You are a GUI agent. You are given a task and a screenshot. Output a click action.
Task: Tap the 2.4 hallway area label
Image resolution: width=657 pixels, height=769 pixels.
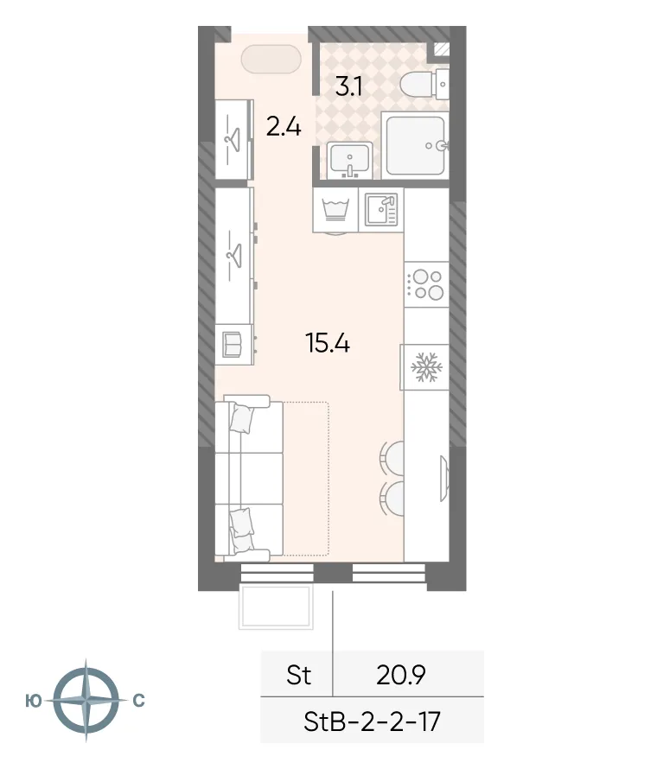click(x=283, y=128)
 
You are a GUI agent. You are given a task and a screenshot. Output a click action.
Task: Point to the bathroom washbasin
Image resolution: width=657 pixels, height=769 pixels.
click(x=349, y=160)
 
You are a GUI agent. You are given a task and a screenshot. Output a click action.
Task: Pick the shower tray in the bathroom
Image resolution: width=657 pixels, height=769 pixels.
click(x=416, y=144)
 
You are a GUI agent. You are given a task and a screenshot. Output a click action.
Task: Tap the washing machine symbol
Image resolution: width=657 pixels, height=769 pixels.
click(x=335, y=211)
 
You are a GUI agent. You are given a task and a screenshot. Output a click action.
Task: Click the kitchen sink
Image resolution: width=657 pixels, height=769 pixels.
click(x=380, y=210)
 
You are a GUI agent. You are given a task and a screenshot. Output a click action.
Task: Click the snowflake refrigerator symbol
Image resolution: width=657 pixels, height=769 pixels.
click(x=425, y=366)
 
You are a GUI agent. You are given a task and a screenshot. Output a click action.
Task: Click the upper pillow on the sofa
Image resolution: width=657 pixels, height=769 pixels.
click(x=241, y=419)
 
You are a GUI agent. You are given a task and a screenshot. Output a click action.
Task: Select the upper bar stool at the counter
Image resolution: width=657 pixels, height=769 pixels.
click(x=392, y=457)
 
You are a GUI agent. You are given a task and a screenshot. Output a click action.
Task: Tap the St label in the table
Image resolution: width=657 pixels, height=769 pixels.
click(x=298, y=675)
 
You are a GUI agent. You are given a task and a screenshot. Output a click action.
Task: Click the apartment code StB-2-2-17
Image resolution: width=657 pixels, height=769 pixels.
click(x=373, y=720)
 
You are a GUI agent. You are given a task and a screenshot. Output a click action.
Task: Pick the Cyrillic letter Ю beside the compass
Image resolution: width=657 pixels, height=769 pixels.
click(x=33, y=701)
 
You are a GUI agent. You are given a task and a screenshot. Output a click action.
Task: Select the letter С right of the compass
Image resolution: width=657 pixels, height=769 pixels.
click(x=138, y=701)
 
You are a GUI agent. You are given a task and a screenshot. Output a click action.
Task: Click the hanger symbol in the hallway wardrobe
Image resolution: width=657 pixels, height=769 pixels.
click(x=232, y=136)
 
